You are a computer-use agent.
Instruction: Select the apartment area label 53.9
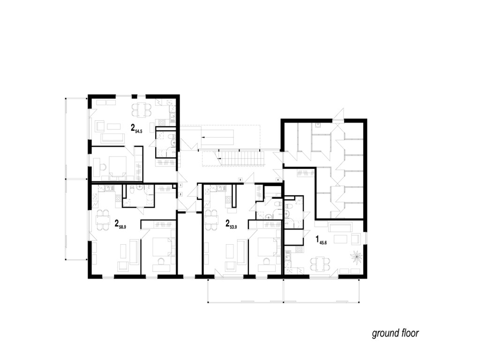[233, 225]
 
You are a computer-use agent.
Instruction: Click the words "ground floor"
[395, 333]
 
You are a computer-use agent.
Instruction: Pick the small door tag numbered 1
[180, 186]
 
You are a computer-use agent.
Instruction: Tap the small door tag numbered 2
[180, 194]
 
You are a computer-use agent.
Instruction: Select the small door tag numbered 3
[240, 180]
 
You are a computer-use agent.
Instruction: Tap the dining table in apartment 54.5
[141, 109]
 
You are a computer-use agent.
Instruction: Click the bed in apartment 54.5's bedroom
[117, 166]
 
